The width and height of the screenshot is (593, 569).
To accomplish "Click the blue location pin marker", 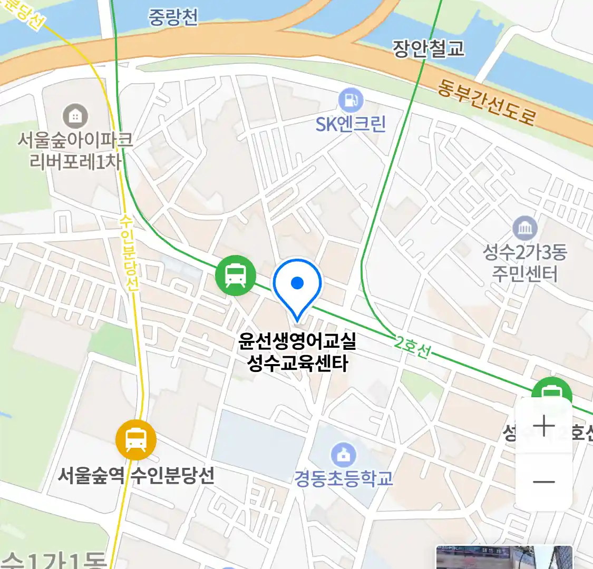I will [x=297, y=285].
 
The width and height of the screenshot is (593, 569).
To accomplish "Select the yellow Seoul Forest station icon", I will [x=136, y=440].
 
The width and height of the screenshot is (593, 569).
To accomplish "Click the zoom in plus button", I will [x=543, y=426].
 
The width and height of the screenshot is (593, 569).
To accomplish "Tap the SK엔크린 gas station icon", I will [x=351, y=100].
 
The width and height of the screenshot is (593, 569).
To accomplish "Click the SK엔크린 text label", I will [x=351, y=124].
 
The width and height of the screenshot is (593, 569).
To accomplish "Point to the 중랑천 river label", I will [x=173, y=17].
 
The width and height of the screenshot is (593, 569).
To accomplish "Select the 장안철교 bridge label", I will [x=429, y=48].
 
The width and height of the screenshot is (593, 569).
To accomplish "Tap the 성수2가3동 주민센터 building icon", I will [x=525, y=229].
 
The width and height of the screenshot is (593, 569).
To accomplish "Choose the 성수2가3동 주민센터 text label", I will [x=525, y=263].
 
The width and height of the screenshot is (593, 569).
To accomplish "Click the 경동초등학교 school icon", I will [x=344, y=454].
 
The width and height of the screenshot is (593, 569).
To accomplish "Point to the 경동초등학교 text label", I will [x=344, y=478].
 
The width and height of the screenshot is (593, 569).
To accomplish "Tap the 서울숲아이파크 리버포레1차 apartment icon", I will [x=75, y=116].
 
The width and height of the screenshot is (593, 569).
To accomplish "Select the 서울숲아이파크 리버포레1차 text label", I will [x=75, y=151].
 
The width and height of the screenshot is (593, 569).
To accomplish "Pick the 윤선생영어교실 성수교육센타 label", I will [x=297, y=352].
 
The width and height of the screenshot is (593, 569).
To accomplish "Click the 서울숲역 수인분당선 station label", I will [x=136, y=475].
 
